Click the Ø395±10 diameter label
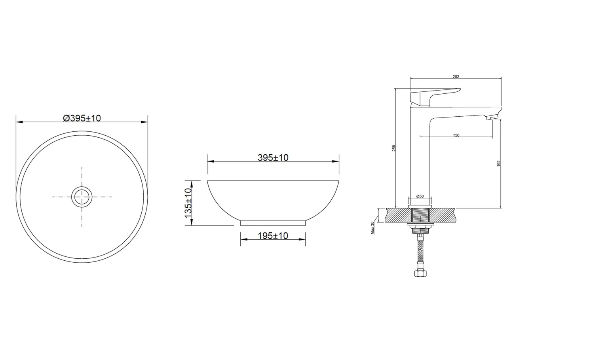82,118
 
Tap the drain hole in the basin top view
82,197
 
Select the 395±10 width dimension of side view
273,157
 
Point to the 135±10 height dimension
188,203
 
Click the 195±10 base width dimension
273,236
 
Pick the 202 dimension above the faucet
456,77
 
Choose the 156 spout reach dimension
456,135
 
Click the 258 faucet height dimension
394,148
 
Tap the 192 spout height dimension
499,163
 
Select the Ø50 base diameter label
420,196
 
